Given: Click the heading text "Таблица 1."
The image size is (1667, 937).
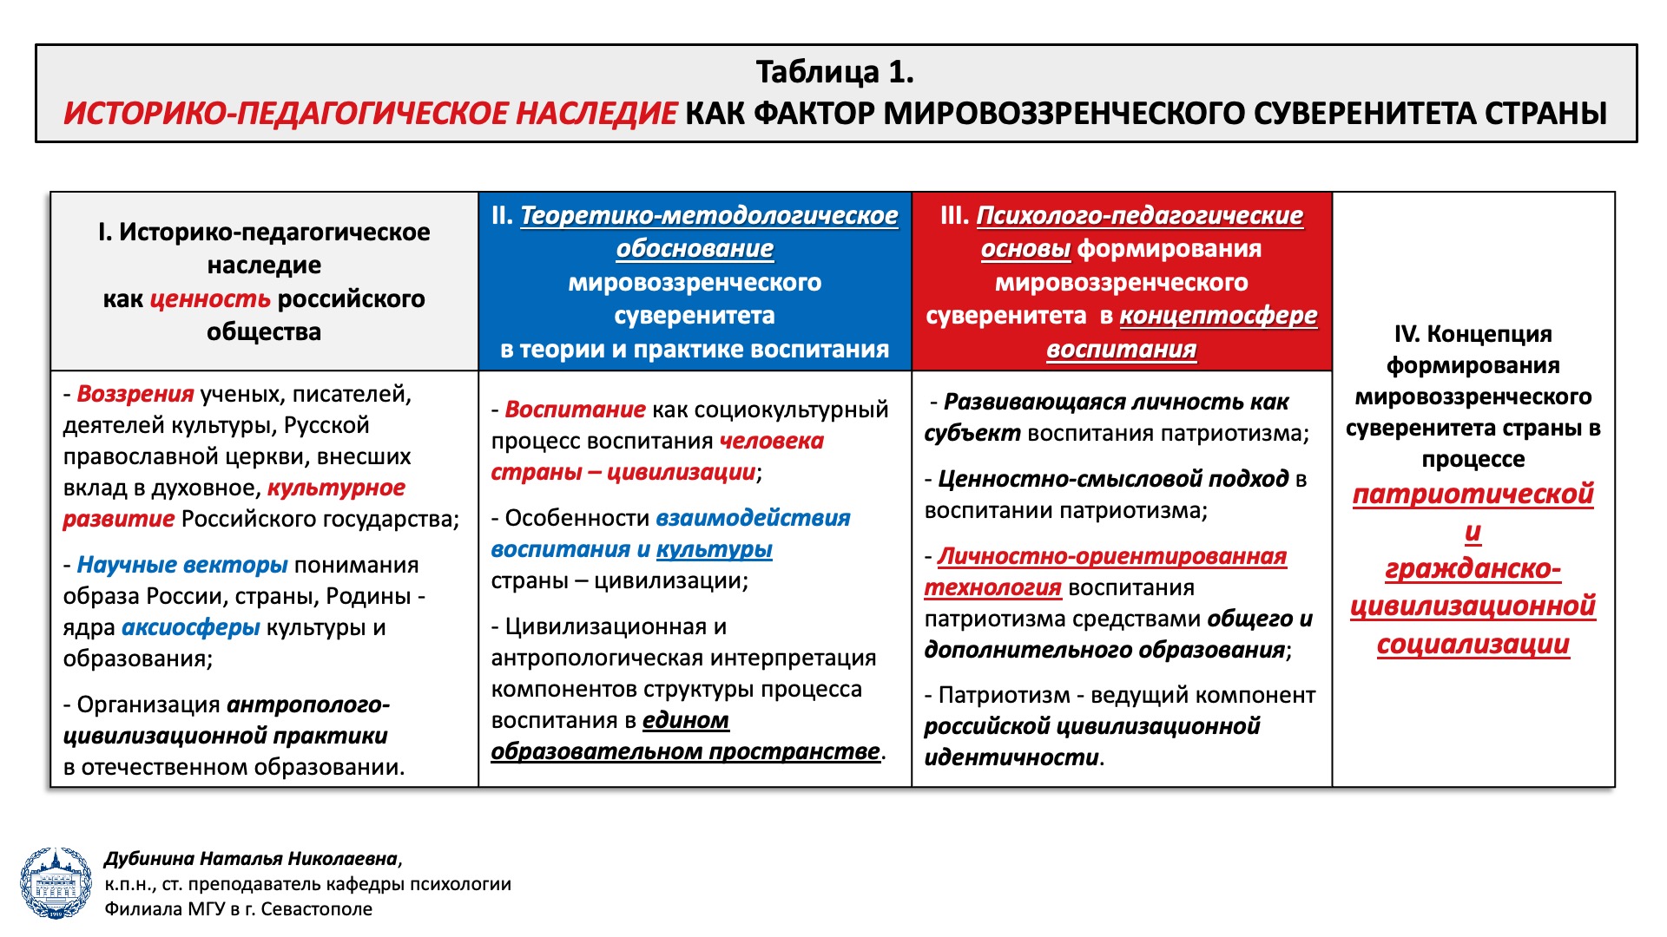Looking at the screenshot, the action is coord(834,72).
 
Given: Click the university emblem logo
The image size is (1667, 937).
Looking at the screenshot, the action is coord(56,883).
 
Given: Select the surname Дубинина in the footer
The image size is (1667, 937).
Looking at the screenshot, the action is coord(148,859).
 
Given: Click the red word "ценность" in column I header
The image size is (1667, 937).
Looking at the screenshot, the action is coord(210,299).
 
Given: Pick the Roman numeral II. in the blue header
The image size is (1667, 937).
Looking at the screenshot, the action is coord(503,215).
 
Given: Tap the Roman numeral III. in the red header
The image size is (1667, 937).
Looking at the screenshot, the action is coord(954,215).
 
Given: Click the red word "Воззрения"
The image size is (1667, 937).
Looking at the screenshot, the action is coord(135,394).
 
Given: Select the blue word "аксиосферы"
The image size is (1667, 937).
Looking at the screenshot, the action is coord(191,627).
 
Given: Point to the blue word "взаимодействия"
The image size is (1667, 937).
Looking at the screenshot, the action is coord(753,518).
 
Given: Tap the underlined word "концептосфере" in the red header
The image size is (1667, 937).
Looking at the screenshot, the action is coord(1218,316).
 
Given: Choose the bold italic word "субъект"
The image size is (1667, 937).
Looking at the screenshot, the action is coord(972,434).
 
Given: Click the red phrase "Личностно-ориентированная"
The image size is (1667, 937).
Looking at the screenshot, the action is coord(1112,556).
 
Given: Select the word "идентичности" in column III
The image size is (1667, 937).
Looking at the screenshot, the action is coord(1011,757).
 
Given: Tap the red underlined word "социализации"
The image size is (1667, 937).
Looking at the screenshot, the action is coord(1473,645).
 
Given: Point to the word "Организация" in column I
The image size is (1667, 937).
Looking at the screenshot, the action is coord(148,705).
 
